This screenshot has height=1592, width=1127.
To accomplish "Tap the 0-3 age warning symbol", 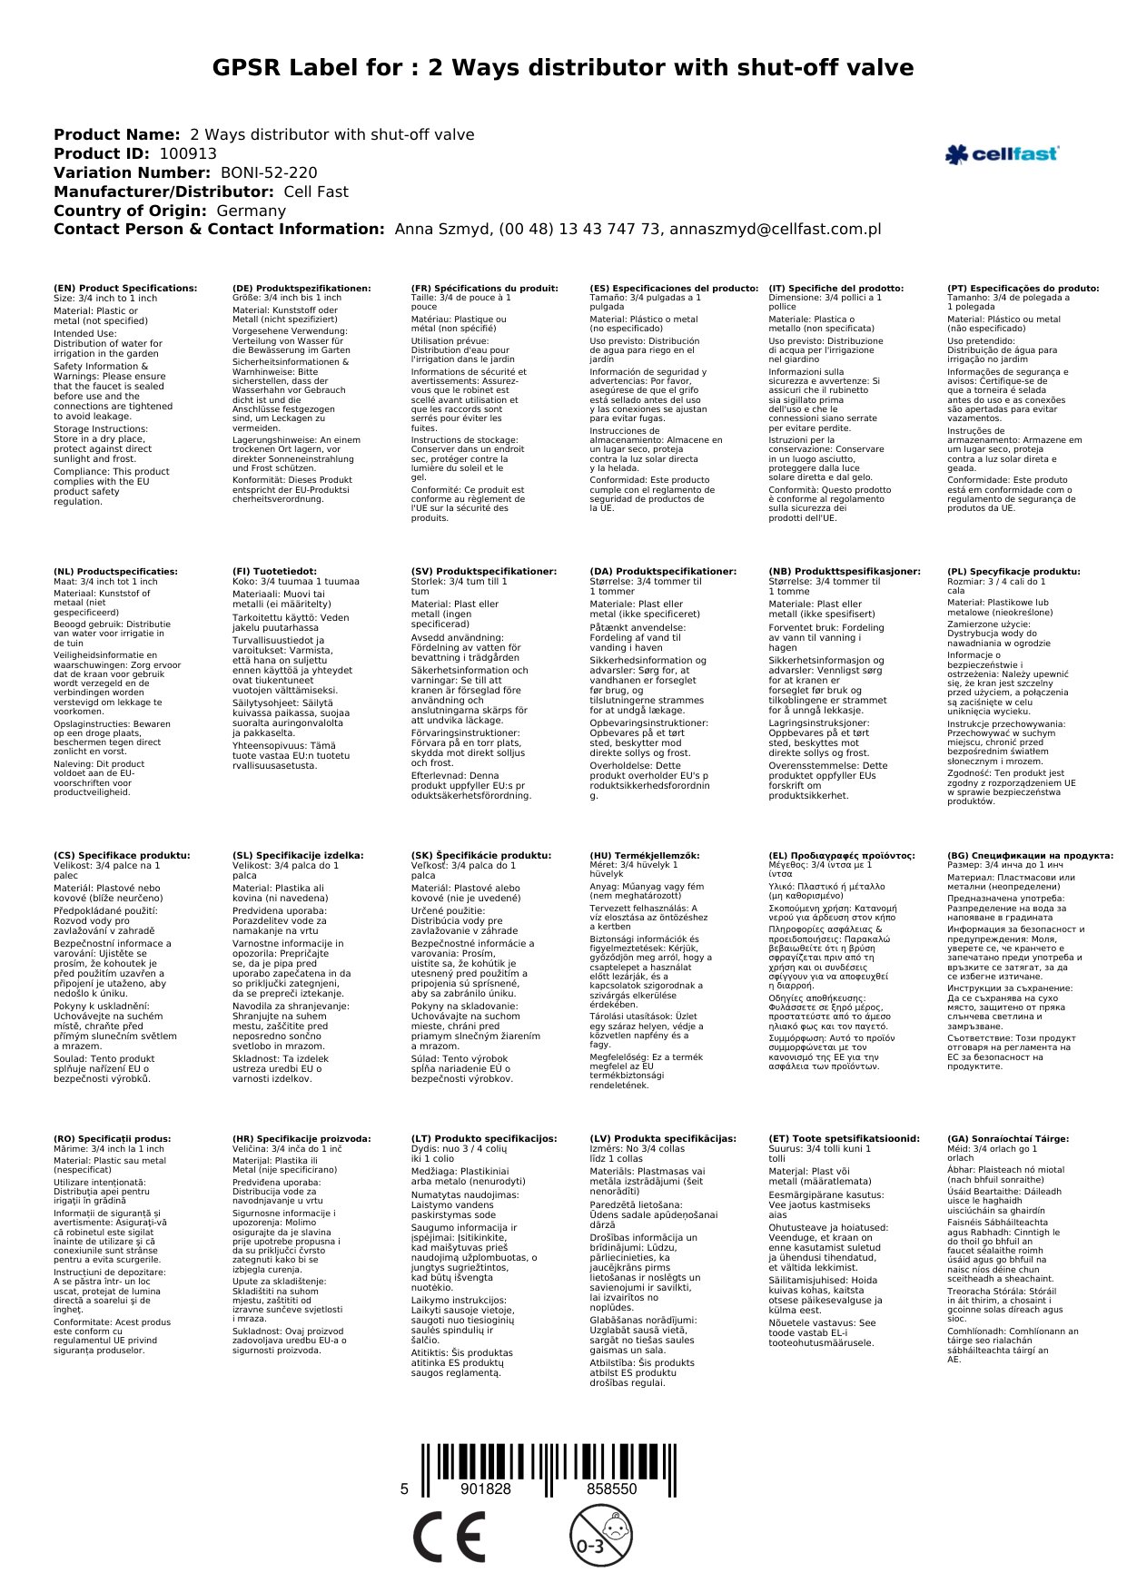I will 600,1535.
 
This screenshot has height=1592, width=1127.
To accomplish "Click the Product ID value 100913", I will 188,154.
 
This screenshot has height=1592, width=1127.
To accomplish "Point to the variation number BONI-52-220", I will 269,173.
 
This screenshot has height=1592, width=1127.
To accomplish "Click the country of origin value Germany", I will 251,211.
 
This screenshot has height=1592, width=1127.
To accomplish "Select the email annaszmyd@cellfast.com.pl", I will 776,230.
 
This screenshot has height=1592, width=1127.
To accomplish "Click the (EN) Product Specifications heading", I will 125,289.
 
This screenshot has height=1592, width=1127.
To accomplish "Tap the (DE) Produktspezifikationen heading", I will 302,289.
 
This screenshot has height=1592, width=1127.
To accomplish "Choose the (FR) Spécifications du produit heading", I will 484,289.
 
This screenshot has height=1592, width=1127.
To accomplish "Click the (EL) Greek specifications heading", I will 842,856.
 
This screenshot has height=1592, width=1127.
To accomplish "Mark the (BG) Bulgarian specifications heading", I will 1030,856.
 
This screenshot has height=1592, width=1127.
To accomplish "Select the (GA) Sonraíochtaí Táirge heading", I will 1008,1139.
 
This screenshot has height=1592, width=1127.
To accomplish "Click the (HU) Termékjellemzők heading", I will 645,856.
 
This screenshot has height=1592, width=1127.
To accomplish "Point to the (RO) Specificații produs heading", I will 113,1139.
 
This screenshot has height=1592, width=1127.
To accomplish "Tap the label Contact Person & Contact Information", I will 219,230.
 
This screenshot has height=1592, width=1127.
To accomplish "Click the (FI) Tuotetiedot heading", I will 274,572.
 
